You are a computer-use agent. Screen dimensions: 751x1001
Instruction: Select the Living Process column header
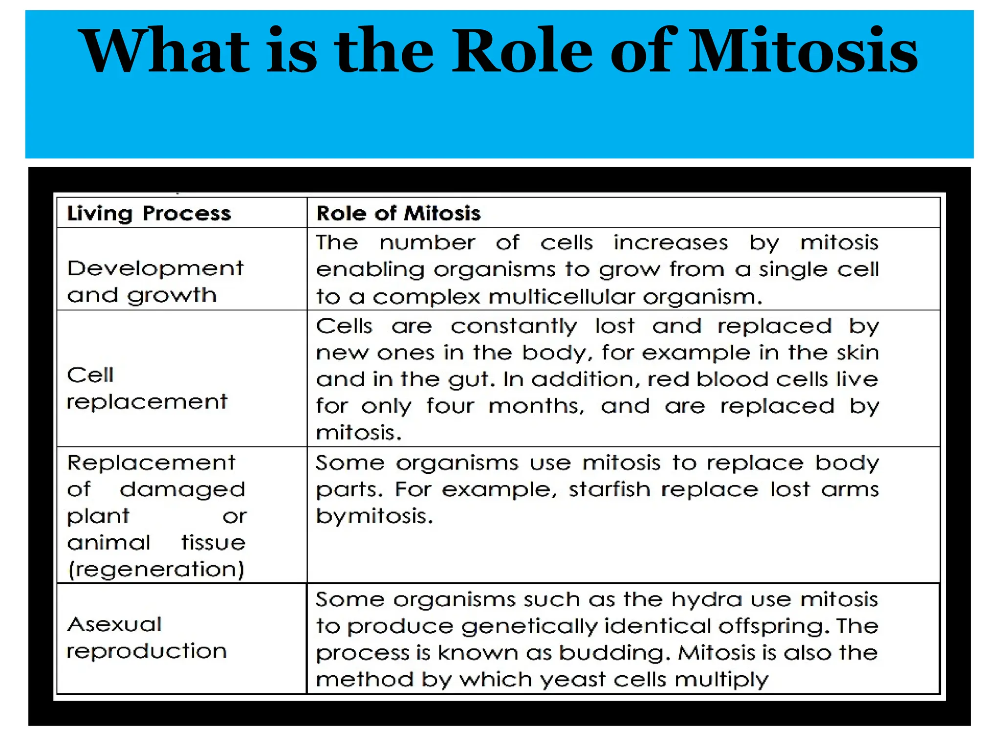tap(149, 214)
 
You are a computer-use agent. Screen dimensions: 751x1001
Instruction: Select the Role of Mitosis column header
tap(398, 214)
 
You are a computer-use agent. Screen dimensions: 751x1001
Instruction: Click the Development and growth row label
tap(155, 282)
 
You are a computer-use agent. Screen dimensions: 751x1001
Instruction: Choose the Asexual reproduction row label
tap(147, 638)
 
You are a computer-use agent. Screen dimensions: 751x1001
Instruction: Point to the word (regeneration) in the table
tap(156, 570)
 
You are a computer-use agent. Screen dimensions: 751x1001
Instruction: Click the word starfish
tap(609, 489)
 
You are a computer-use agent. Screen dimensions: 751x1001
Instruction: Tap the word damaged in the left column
tap(182, 490)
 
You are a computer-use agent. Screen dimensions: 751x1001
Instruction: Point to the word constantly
tap(514, 326)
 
